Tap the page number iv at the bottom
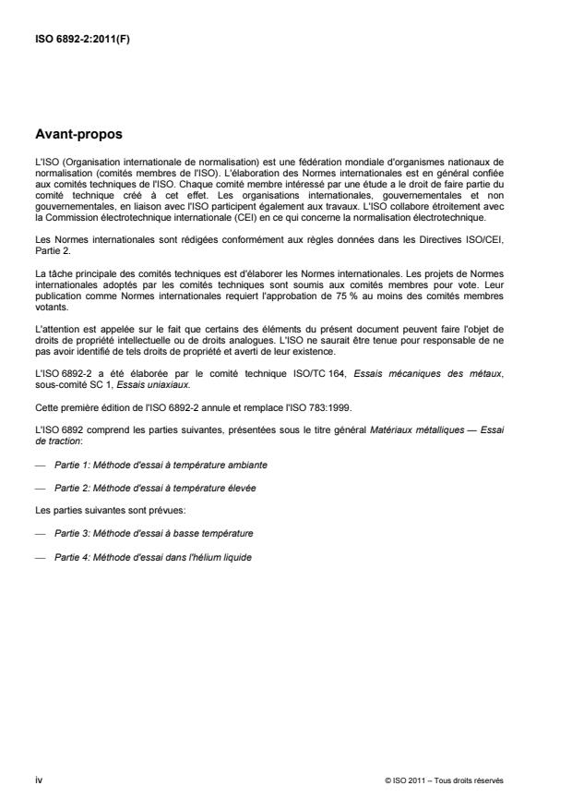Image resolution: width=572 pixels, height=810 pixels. coord(38,780)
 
